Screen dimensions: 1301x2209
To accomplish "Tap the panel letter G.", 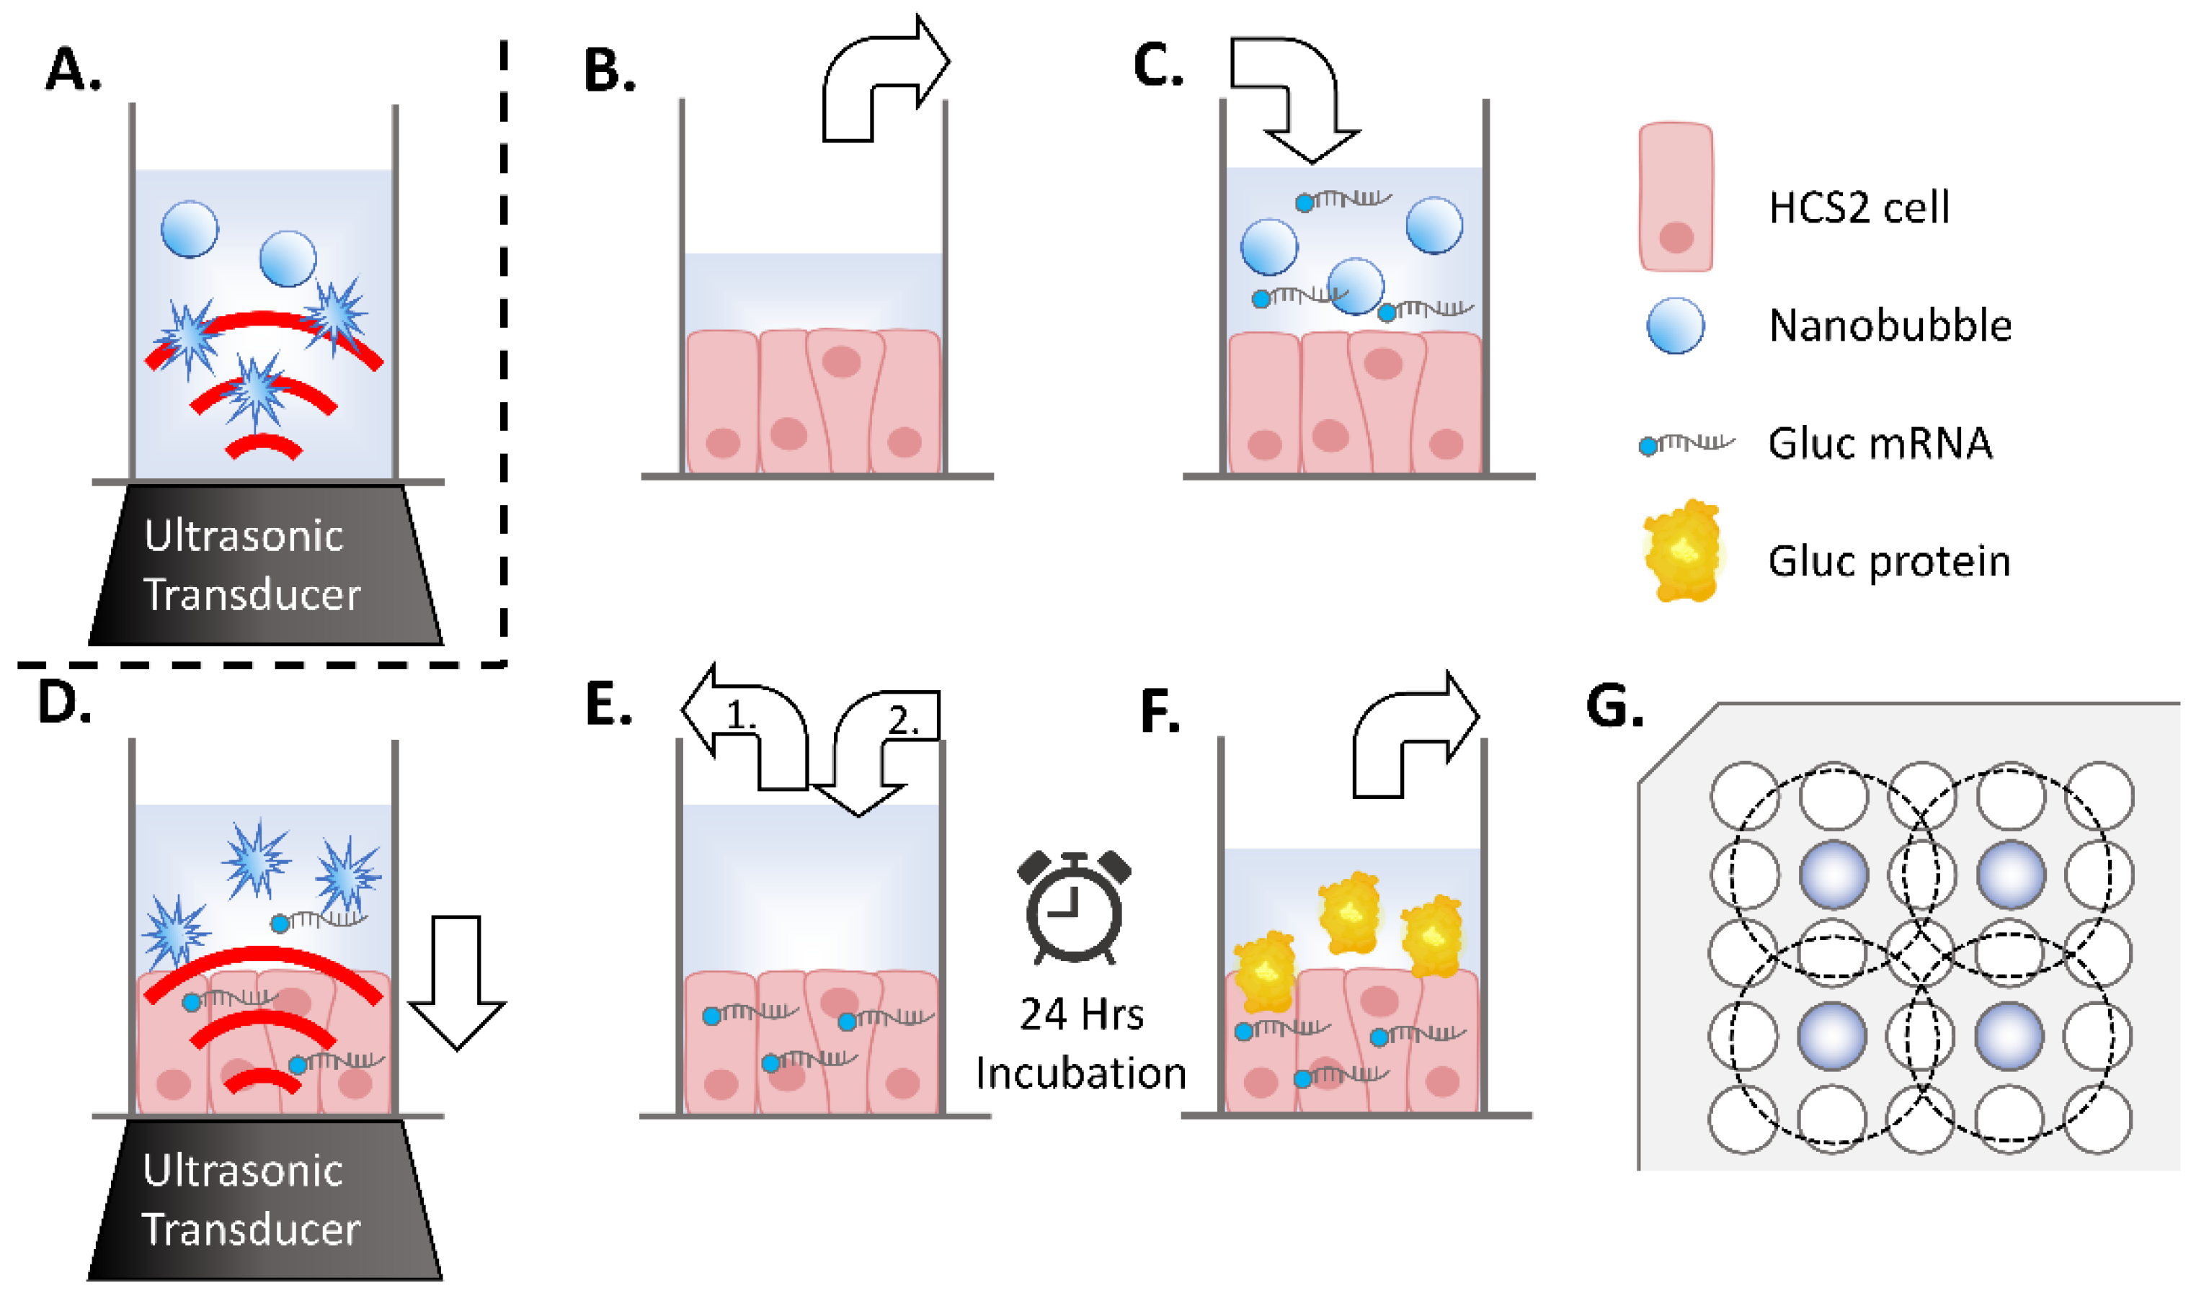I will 1614,707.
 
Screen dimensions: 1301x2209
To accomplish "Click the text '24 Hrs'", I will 1081,1014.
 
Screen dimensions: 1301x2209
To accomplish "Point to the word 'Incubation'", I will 1081,1074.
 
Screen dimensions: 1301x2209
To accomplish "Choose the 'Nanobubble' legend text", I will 1890,326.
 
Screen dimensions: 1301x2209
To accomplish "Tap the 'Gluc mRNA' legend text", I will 1880,444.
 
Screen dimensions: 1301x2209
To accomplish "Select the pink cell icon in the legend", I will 1676,197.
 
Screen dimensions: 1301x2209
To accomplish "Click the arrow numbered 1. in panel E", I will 745,728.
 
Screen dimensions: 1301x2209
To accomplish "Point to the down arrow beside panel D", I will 457,982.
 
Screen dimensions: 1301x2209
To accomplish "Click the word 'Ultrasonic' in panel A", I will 243,536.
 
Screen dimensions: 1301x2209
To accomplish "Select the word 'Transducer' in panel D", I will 251,1230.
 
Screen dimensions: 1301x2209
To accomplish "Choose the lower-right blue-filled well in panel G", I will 2009,1035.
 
